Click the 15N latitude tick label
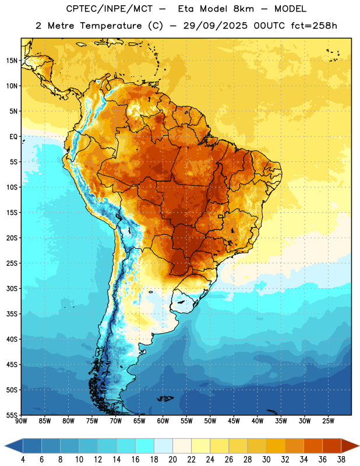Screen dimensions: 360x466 coord(12,61)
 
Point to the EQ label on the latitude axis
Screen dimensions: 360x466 coord(13,137)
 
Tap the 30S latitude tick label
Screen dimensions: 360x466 coord(12,288)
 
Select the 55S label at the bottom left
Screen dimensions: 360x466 coord(12,415)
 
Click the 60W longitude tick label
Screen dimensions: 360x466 coord(163,421)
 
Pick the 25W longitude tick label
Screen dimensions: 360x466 coord(328,421)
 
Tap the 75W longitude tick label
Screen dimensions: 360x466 coord(92,421)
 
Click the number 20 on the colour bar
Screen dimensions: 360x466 coord(172,460)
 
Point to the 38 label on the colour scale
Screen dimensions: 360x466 coord(341,460)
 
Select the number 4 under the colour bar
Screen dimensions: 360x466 coord(23,460)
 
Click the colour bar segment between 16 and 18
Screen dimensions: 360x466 coord(145,446)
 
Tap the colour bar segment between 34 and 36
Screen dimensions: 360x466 coord(313,446)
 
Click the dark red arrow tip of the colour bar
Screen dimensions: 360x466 coord(359,446)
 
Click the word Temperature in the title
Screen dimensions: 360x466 coord(111,26)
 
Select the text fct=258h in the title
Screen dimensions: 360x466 coord(314,26)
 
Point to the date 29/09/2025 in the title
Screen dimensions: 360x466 coord(215,26)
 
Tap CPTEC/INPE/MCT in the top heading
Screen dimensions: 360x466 coord(110,9)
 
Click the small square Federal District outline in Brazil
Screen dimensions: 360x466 coord(221,216)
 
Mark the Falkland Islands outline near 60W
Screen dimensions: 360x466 coord(165,398)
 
